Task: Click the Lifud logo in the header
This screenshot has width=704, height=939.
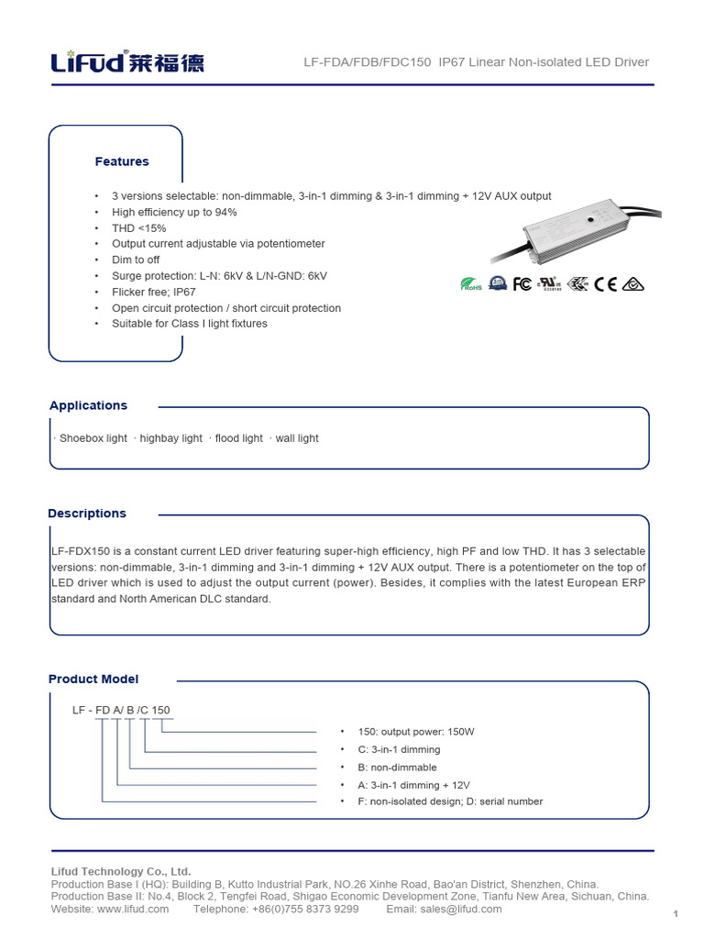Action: (126, 61)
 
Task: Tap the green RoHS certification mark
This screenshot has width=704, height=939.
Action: (471, 284)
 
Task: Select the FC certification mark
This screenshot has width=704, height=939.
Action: (522, 284)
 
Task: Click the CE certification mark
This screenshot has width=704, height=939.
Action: (606, 284)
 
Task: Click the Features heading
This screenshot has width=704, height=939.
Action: (122, 161)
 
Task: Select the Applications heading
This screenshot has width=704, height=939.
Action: (88, 405)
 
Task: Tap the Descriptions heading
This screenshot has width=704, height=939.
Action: (87, 514)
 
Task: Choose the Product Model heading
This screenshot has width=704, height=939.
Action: (93, 679)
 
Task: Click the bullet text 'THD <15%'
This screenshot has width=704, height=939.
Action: (138, 228)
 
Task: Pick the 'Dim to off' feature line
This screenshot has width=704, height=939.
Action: (136, 260)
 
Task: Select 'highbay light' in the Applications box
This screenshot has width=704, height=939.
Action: (170, 438)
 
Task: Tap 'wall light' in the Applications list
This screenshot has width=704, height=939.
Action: (296, 438)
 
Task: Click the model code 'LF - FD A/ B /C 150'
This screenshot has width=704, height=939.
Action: (121, 710)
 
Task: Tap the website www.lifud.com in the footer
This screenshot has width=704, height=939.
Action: (133, 909)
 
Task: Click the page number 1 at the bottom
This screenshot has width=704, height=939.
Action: (675, 913)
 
